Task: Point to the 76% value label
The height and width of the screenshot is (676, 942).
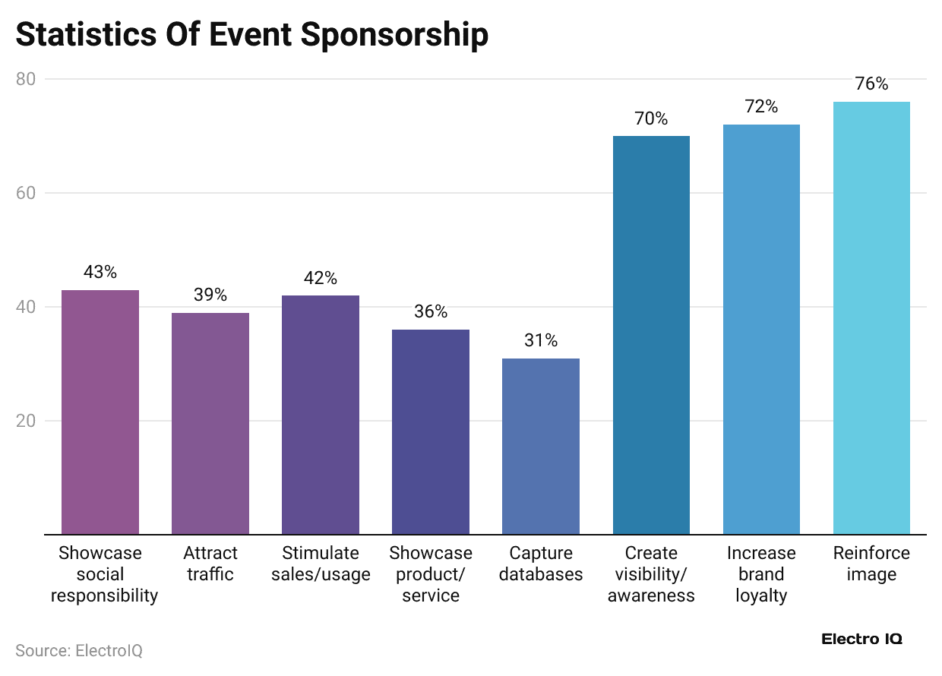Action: (871, 84)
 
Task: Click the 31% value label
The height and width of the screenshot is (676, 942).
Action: (541, 340)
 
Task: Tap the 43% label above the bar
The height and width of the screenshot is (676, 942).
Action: (100, 272)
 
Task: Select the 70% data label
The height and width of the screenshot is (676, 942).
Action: (651, 118)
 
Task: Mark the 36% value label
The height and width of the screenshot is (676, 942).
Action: (431, 312)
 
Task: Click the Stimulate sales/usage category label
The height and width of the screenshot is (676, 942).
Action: (321, 564)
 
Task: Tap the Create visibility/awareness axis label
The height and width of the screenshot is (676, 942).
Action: (651, 574)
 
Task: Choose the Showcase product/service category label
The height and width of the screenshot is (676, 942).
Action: (431, 574)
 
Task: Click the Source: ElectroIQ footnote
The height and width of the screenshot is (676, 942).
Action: (79, 651)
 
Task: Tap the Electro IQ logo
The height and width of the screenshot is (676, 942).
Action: (861, 639)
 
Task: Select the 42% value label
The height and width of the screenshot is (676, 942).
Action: (321, 278)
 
